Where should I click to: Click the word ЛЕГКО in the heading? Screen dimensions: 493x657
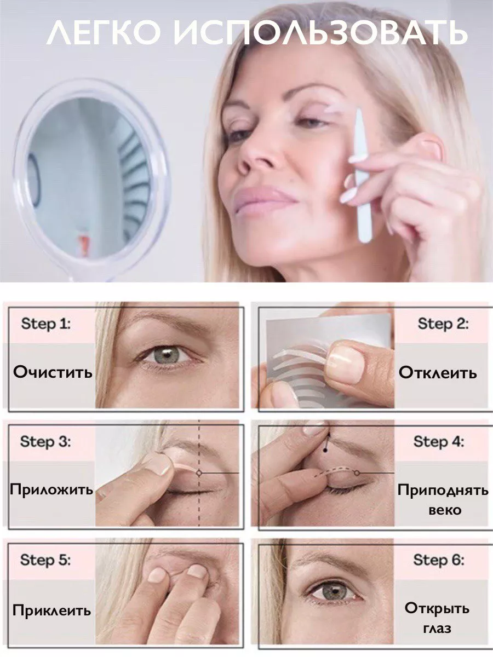tap(104, 33)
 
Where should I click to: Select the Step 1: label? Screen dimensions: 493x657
tap(46, 324)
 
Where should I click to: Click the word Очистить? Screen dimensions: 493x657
tap(53, 372)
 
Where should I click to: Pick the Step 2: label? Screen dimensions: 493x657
tap(443, 324)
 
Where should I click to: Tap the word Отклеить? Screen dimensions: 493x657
tap(437, 373)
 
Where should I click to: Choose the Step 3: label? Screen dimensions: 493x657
tap(46, 441)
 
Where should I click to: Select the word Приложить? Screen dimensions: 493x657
tap(51, 490)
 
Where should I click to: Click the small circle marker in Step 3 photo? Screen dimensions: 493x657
tap(199, 473)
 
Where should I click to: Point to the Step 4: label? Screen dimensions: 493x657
tap(439, 441)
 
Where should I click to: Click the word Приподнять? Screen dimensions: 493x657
tap(443, 490)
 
